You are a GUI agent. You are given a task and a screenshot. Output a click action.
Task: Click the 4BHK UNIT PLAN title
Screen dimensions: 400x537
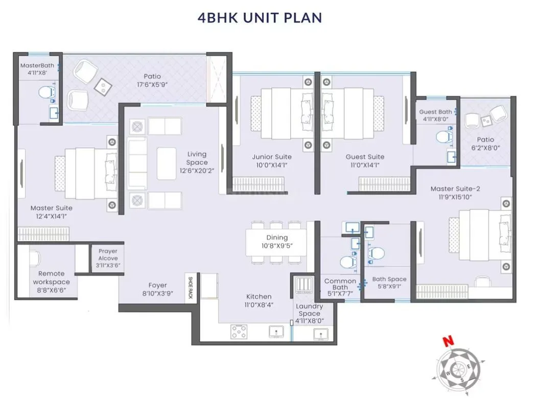click(260, 17)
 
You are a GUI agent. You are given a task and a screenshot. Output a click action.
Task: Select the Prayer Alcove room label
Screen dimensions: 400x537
click(108, 251)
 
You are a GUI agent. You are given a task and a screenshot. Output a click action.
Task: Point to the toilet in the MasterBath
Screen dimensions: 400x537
click(45, 92)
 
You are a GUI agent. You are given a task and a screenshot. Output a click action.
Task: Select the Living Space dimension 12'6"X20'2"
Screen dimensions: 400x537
click(197, 171)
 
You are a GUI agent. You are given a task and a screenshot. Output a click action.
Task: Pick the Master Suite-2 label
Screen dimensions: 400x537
click(455, 189)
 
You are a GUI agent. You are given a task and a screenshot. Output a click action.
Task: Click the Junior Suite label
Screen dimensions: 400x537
click(272, 157)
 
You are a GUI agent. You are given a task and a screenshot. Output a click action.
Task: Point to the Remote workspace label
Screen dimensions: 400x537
click(51, 278)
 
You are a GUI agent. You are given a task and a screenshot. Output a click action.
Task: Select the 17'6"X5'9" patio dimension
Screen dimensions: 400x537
click(152, 85)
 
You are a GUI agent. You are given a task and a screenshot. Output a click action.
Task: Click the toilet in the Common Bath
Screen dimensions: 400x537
click(348, 262)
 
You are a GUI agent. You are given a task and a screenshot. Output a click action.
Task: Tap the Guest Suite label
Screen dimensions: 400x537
click(365, 157)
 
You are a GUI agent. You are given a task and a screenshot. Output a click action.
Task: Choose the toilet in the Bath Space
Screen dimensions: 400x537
click(377, 252)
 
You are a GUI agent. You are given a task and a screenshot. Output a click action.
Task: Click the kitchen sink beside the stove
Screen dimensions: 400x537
click(276, 333)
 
